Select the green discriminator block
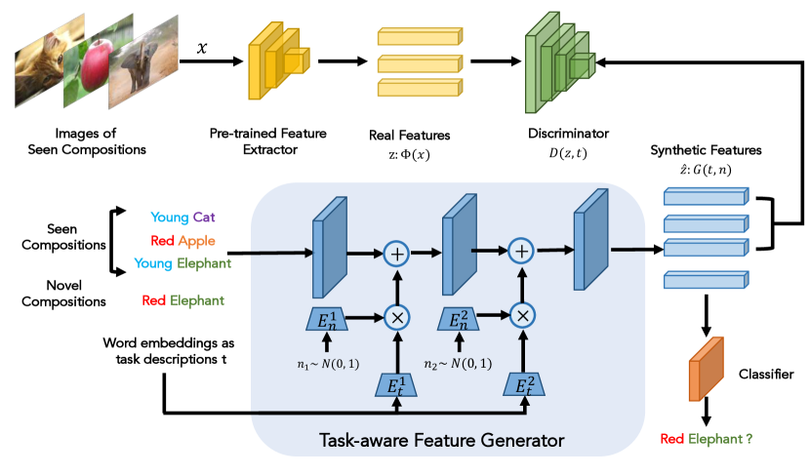(557, 60)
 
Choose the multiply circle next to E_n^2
(522, 315)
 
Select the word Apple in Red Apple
(197, 240)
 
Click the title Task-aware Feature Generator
(441, 441)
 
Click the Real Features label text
(409, 135)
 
